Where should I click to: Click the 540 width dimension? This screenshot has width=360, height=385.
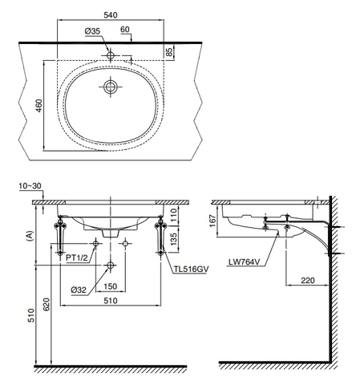pyautogui.click(x=111, y=14)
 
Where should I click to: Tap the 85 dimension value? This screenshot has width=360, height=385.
pyautogui.click(x=170, y=52)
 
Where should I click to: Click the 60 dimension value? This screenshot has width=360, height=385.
pyautogui.click(x=125, y=29)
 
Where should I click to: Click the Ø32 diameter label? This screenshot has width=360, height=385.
pyautogui.click(x=79, y=290)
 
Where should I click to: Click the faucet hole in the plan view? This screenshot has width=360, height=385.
pyautogui.click(x=111, y=56)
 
